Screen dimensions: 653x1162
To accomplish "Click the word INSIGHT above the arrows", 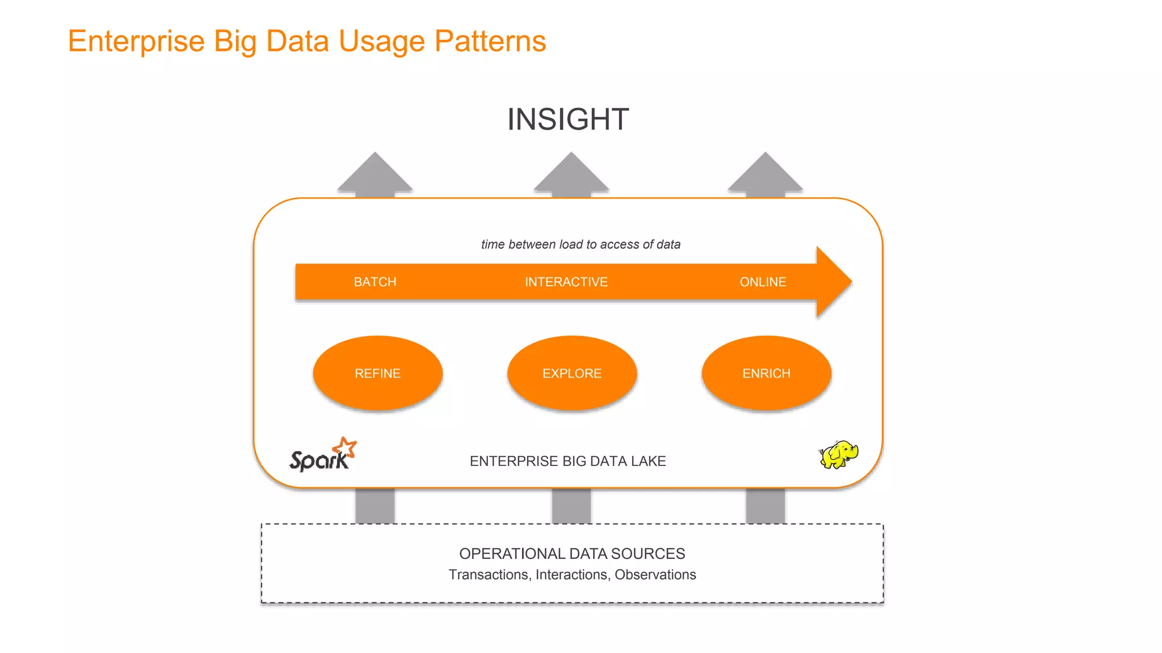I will pyautogui.click(x=567, y=120).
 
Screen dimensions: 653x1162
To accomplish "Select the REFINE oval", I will pyautogui.click(x=377, y=373).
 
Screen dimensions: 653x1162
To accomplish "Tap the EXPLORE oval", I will pyautogui.click(x=572, y=373).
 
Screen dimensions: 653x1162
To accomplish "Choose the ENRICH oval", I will pyautogui.click(x=766, y=373).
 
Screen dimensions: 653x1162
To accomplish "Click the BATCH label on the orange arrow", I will pyautogui.click(x=375, y=282).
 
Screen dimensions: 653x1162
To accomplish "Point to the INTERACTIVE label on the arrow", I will pyautogui.click(x=566, y=282).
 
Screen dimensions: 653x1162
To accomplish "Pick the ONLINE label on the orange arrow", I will pyautogui.click(x=763, y=282).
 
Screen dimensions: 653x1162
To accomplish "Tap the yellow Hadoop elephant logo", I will pyautogui.click(x=839, y=454).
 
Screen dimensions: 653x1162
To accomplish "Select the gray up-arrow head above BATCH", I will pyautogui.click(x=375, y=174).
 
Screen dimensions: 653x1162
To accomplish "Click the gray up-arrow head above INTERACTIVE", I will pyautogui.click(x=571, y=174).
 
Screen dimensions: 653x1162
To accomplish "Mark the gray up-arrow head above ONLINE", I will pyautogui.click(x=765, y=174).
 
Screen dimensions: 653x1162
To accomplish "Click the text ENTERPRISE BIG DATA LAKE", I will pyautogui.click(x=567, y=461).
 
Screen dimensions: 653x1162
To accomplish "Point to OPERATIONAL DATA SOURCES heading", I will pyautogui.click(x=572, y=553).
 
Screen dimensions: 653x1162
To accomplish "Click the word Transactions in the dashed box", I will pyautogui.click(x=488, y=575).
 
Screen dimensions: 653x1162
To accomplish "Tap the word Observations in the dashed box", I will pyautogui.click(x=655, y=575).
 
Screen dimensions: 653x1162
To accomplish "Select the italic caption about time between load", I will pyautogui.click(x=580, y=244).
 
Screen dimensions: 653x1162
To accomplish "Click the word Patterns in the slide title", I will pyautogui.click(x=490, y=41).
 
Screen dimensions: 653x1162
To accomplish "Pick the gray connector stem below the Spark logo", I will pyautogui.click(x=375, y=506).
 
